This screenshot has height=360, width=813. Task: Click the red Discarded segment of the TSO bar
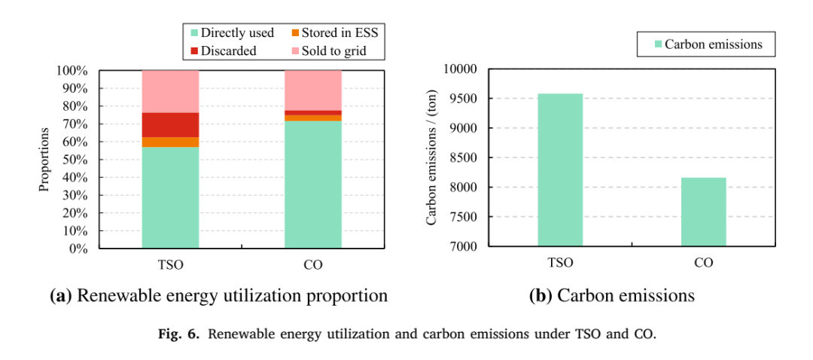coord(170,125)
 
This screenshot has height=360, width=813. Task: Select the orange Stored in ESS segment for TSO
coord(170,142)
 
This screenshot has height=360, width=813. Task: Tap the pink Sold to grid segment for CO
coord(313,90)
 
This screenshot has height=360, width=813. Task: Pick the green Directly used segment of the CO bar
coord(313,185)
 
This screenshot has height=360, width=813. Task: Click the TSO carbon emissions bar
coord(560,170)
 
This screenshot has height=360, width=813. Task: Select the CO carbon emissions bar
coord(704,212)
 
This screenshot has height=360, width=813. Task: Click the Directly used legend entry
coord(233,33)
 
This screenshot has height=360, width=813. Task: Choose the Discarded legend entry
coord(224,51)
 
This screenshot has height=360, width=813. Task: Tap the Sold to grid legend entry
coord(330,51)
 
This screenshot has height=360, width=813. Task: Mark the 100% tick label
coord(76,71)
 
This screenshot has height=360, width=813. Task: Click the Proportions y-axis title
coord(44,159)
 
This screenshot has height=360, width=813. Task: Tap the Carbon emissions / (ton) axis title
coord(431,157)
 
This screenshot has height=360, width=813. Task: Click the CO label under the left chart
coord(313,264)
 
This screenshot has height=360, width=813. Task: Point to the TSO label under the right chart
coord(560,263)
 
